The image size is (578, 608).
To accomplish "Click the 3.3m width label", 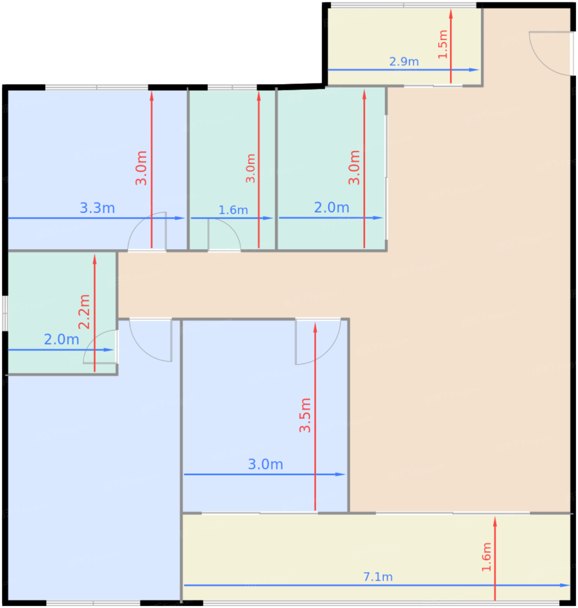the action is (x=97, y=208).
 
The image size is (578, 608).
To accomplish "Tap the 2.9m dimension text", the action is (x=404, y=62).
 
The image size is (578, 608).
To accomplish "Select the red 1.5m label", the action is (x=443, y=44).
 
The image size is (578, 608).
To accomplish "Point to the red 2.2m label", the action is (x=84, y=312).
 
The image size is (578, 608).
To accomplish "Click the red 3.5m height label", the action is (x=305, y=415).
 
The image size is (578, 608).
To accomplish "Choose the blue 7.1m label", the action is (x=378, y=577).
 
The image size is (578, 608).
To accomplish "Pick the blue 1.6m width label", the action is (x=233, y=210).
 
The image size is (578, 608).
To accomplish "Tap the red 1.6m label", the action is (x=486, y=557).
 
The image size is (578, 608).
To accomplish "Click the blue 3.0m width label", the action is (x=265, y=464).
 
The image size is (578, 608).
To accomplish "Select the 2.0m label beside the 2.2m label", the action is (x=62, y=340).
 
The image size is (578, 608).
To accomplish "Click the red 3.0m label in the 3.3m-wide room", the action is (x=141, y=168).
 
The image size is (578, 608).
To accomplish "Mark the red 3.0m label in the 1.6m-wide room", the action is (x=251, y=168).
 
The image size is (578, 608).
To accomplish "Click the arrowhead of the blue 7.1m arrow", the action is (x=565, y=585).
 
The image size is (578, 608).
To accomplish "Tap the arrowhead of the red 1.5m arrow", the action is (x=451, y=13).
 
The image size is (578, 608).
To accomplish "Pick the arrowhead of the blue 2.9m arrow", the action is (x=474, y=70).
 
